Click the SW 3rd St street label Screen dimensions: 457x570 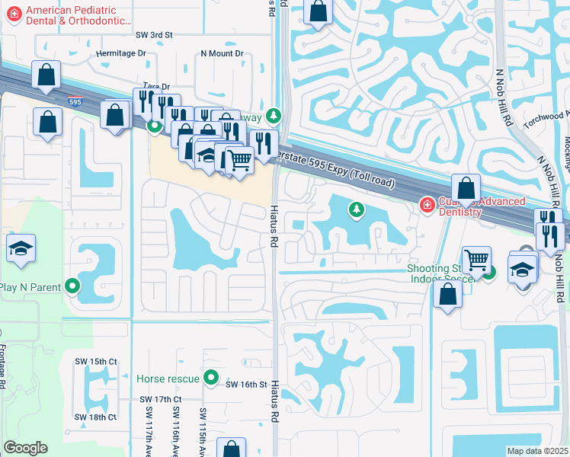(155, 35)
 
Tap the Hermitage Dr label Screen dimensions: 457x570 (121, 53)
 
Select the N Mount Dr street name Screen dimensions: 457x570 (221, 53)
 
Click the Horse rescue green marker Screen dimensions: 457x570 (212, 378)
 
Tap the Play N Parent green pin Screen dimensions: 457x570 (72, 287)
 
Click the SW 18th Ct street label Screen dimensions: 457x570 (95, 417)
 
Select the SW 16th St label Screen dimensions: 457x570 (246, 385)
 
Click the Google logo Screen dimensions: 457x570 (25, 448)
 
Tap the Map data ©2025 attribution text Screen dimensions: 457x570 (537, 451)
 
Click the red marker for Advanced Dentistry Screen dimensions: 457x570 (427, 205)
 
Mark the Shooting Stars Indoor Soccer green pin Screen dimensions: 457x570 (488, 272)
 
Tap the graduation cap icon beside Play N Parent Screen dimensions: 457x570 (20, 248)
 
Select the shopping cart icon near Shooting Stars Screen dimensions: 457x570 (476, 260)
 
